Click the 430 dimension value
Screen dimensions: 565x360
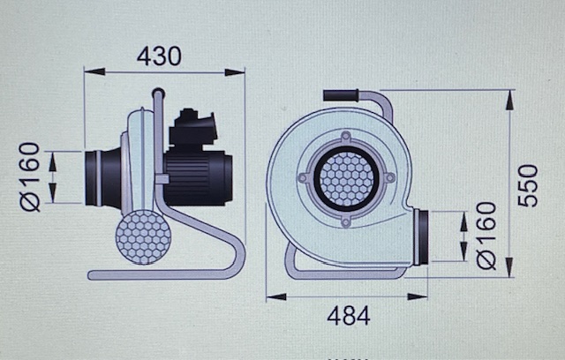click(159, 56)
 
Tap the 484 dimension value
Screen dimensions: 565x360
click(349, 315)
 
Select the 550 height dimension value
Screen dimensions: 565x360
click(528, 186)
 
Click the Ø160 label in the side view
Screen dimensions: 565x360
click(29, 176)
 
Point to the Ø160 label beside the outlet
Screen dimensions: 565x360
click(486, 236)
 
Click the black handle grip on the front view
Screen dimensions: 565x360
click(341, 95)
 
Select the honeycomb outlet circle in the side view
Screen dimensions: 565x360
click(143, 237)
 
